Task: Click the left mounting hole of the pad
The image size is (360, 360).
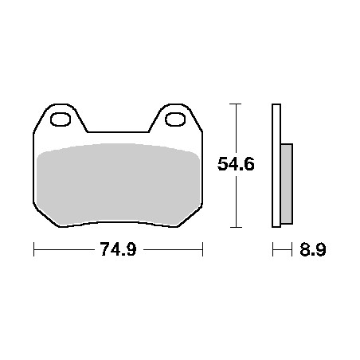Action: tap(61, 119)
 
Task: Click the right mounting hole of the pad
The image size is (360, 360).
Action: tap(175, 119)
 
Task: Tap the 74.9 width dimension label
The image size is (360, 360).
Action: tap(119, 249)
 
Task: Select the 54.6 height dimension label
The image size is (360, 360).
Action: tap(236, 164)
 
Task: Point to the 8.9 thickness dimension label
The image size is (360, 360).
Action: tap(313, 249)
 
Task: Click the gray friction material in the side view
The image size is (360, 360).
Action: tap(287, 184)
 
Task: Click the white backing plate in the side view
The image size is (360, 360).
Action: tap(276, 166)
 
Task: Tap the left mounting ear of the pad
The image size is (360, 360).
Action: tap(61, 118)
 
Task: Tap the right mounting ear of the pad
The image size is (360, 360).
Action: tap(175, 118)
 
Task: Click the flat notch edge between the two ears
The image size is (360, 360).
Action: tap(118, 131)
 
